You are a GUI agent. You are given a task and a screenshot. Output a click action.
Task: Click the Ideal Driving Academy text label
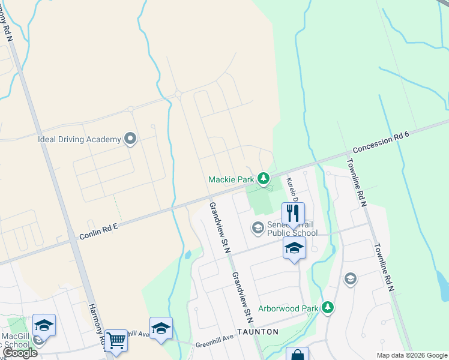[x=79, y=139]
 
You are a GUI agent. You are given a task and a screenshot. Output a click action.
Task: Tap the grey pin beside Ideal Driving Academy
[x=130, y=140]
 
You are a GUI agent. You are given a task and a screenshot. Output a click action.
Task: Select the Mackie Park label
[x=231, y=179]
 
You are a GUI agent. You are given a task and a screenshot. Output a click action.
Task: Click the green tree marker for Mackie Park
[x=263, y=178]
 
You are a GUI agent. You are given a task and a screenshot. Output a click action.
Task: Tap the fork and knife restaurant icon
[x=294, y=213]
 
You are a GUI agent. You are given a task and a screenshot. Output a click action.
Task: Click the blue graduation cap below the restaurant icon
[x=294, y=248]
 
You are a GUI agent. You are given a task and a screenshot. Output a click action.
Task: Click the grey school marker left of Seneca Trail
[x=258, y=227]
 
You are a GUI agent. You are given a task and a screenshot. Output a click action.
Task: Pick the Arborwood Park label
[x=288, y=308]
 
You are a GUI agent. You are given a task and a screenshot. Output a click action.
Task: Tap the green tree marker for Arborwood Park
[x=327, y=308]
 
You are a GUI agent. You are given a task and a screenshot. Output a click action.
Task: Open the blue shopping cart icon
[x=116, y=341]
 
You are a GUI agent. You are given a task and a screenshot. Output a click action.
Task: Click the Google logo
[x=20, y=353]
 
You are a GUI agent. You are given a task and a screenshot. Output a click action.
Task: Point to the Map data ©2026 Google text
[x=411, y=355]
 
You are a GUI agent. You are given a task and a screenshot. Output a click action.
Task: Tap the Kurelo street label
[x=291, y=189]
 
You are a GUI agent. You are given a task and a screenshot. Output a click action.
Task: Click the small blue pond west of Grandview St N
[x=188, y=254]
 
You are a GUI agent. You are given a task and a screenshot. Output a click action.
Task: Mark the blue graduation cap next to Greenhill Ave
[x=161, y=328]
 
